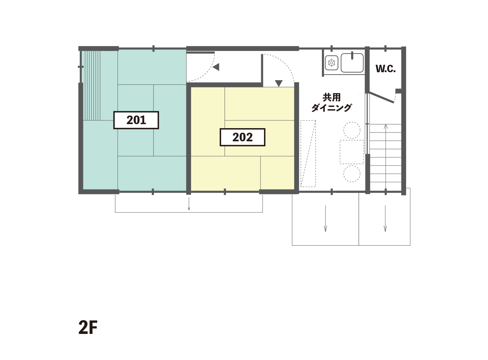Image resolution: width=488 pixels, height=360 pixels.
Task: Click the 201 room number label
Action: (x=136, y=120)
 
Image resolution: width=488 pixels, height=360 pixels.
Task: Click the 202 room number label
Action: (x=243, y=137)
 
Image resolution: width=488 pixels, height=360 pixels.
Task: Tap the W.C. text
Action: (x=385, y=69)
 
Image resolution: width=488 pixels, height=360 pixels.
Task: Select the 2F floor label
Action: (x=88, y=327)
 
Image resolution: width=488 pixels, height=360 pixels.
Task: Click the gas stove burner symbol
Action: (x=332, y=63)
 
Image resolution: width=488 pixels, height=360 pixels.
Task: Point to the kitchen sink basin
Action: (x=352, y=63)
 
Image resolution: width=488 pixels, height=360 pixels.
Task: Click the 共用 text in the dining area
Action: (x=331, y=97)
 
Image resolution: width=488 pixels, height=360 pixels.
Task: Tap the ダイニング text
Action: (x=331, y=108)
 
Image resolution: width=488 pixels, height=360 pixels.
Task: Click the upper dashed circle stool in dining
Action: (x=352, y=130)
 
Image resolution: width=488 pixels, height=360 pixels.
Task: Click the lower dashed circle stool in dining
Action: (x=352, y=174)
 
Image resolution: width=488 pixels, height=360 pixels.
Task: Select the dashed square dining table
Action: (x=352, y=152)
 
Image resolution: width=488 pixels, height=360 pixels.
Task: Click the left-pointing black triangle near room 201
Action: (x=216, y=67)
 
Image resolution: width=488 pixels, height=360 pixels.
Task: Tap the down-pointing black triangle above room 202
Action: (x=279, y=83)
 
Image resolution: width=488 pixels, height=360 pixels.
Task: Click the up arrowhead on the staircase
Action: (x=385, y=126)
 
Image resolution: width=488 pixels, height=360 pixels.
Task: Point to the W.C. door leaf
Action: (x=382, y=97)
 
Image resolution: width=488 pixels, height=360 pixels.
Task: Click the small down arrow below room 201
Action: (x=189, y=204)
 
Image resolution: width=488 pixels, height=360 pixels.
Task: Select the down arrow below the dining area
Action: (x=326, y=218)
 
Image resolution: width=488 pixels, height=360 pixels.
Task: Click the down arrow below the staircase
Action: (x=385, y=218)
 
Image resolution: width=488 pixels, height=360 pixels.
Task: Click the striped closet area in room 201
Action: (x=92, y=85)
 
